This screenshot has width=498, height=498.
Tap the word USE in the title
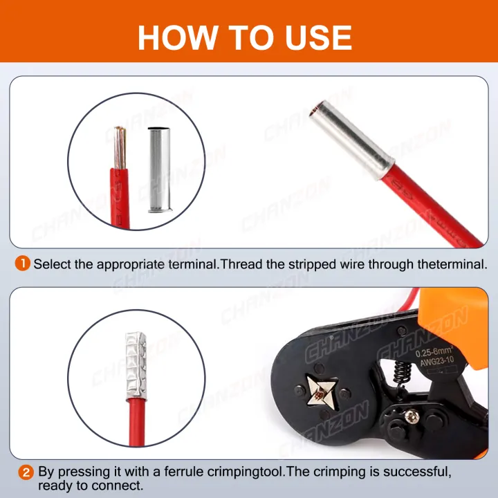pyautogui.click(x=316, y=37)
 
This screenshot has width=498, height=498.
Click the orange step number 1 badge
pyautogui.click(x=23, y=264)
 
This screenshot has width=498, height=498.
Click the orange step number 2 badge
pyautogui.click(x=25, y=473)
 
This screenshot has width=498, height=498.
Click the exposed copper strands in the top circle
pyautogui.click(x=120, y=147)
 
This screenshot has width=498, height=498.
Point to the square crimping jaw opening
pyautogui.click(x=319, y=396)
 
